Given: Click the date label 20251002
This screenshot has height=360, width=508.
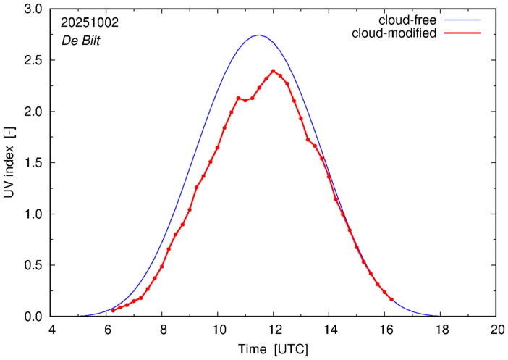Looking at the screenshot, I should point(90,22).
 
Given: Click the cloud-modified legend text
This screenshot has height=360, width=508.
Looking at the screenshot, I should point(393,33).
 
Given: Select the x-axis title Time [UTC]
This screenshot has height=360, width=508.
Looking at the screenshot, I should point(274,349).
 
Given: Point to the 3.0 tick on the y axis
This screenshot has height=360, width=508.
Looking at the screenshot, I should point(34,9).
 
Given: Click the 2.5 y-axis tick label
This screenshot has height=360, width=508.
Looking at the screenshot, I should point(34,61).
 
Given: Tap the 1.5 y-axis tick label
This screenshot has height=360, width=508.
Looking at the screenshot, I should point(34,163).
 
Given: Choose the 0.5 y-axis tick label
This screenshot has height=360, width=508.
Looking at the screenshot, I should point(34,265).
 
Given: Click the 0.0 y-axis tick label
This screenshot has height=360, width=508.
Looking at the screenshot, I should point(34,317).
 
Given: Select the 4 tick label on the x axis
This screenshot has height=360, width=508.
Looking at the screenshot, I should point(51,330).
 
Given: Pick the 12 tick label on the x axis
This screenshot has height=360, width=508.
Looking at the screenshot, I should point(274,330).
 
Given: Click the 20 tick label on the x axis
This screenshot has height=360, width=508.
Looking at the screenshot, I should point(496,330).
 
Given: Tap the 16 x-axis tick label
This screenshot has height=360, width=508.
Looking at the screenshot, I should point(385,330).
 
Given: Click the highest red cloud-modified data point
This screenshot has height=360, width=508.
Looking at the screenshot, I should point(274,71).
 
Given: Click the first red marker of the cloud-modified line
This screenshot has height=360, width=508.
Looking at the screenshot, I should point(113,310).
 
